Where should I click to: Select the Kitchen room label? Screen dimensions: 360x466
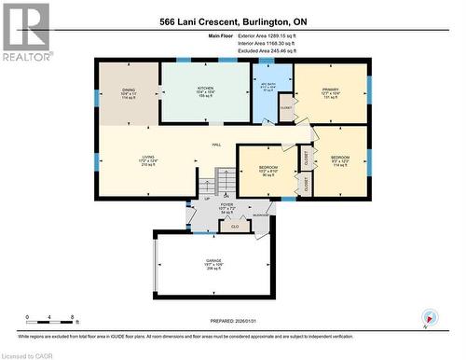coord(204,90)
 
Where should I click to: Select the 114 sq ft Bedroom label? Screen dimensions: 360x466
coord(339,160)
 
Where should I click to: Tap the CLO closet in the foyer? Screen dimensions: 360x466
coord(236,225)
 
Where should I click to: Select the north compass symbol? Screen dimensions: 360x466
coord(429,318)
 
